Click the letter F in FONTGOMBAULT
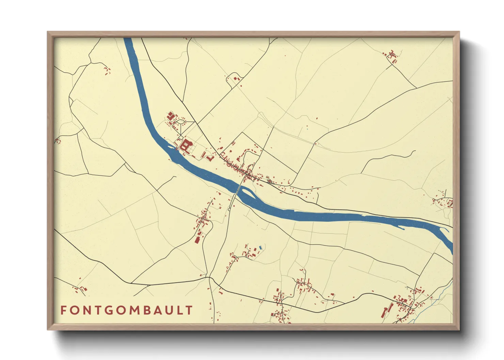coord(63,310)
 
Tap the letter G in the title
coord(104,310)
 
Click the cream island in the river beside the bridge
coord(248,194)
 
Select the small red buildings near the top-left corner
coord(107,71)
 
